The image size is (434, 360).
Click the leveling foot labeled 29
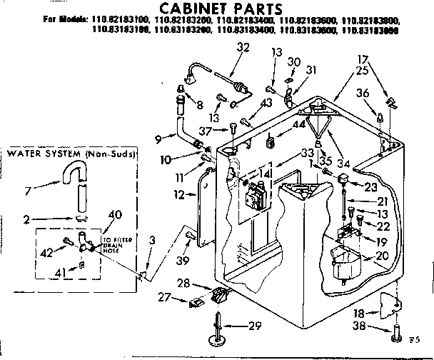(214, 326)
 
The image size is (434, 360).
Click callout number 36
(363, 92)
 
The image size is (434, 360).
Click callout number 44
(298, 124)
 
